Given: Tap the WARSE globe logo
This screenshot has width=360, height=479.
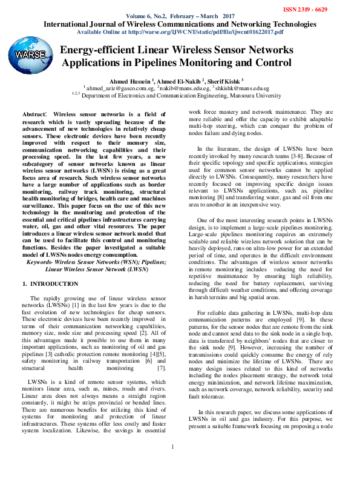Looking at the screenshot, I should pos(30,56).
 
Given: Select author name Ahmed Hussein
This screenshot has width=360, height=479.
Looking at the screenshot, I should pos(130,80).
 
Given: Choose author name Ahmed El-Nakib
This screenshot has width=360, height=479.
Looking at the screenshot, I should pos(182,80).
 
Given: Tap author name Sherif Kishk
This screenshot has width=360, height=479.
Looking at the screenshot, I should pos(225,80).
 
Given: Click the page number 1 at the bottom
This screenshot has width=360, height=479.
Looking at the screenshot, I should pos(172,464).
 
